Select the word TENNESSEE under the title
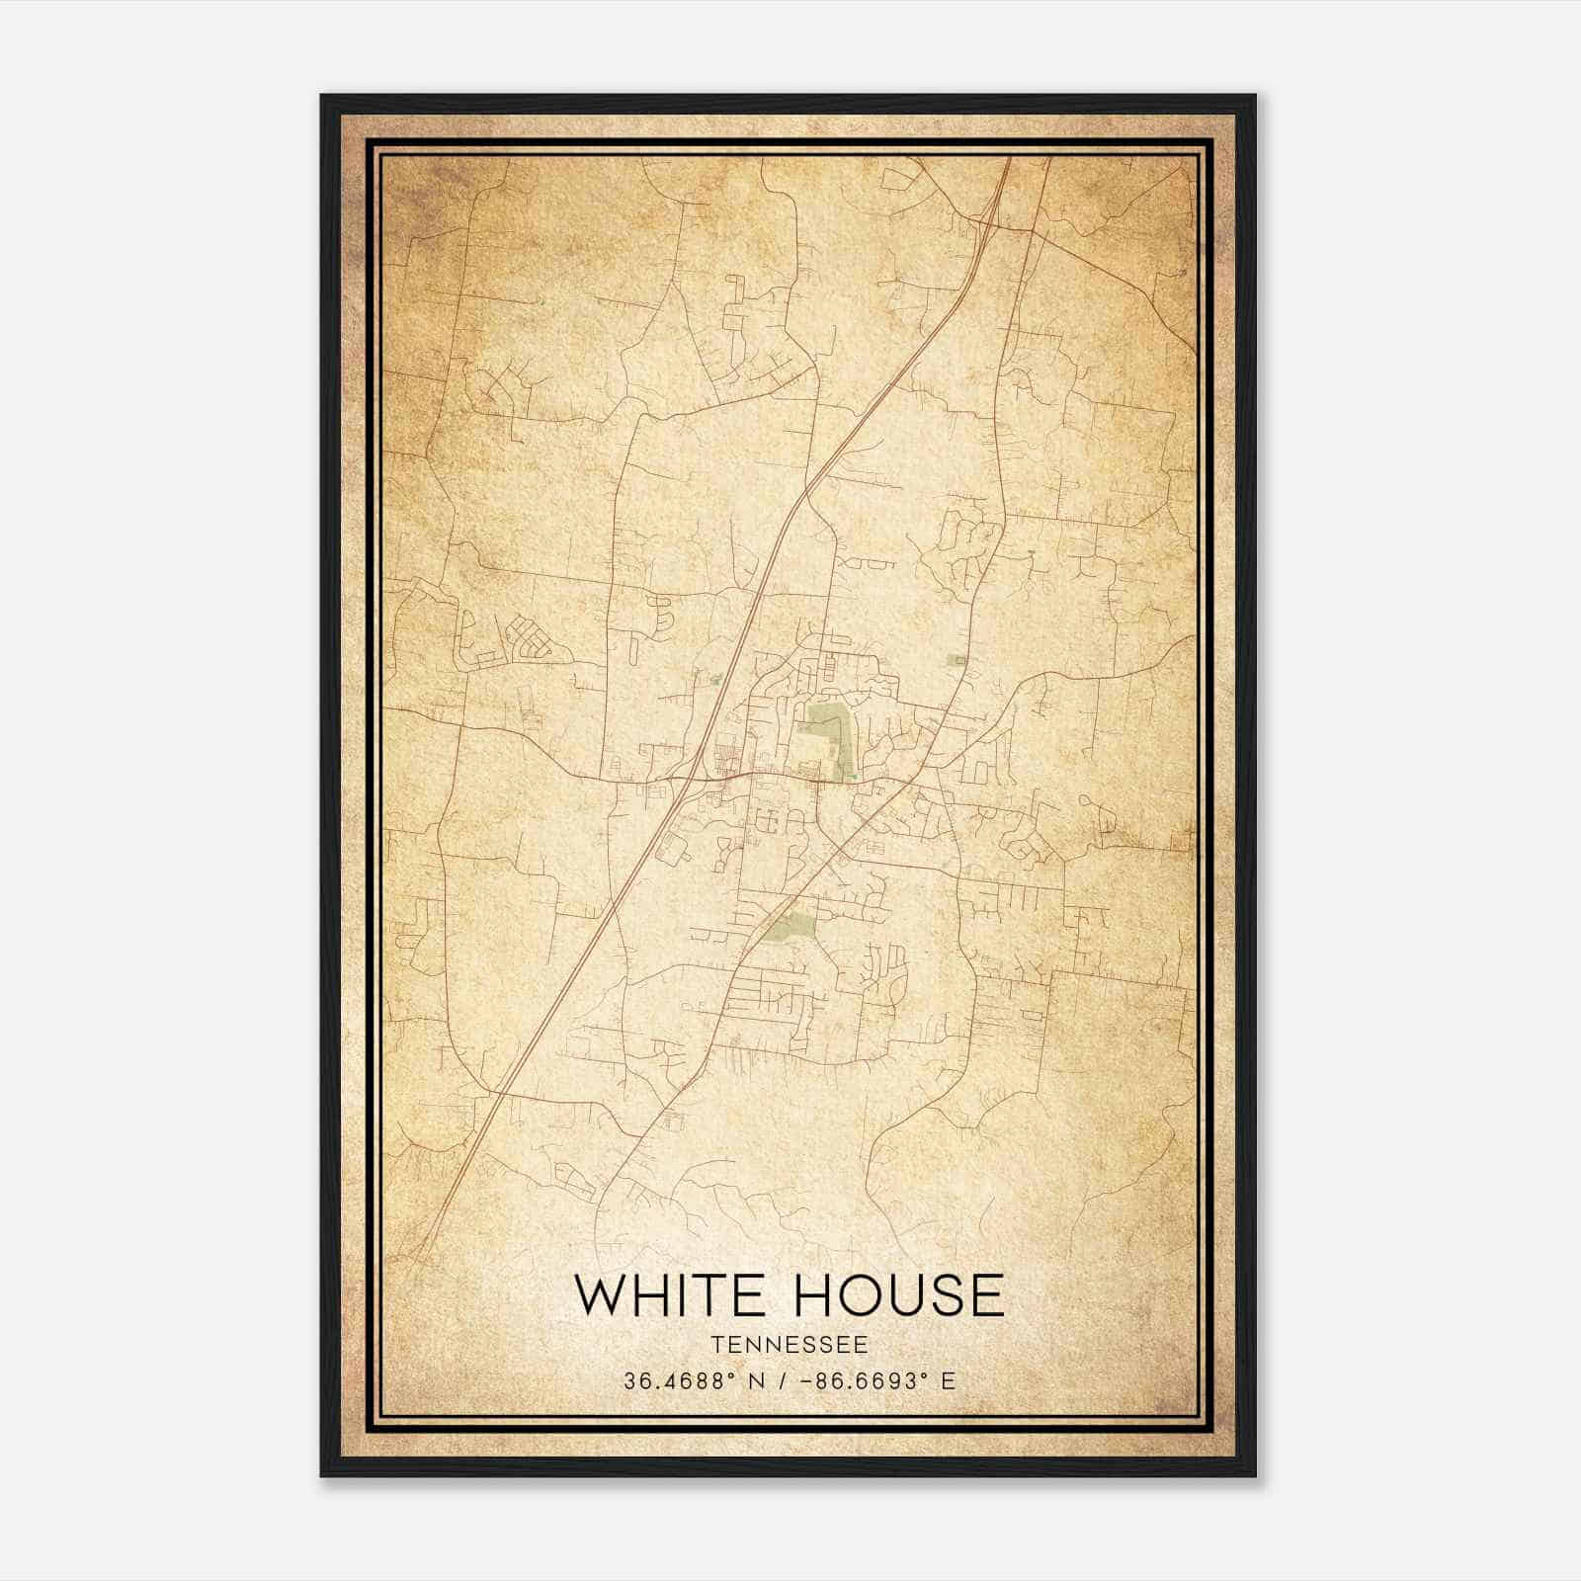tap(790, 1345)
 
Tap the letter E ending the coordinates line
tap(949, 1381)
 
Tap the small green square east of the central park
tap(956, 659)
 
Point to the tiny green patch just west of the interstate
tap(716, 679)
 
